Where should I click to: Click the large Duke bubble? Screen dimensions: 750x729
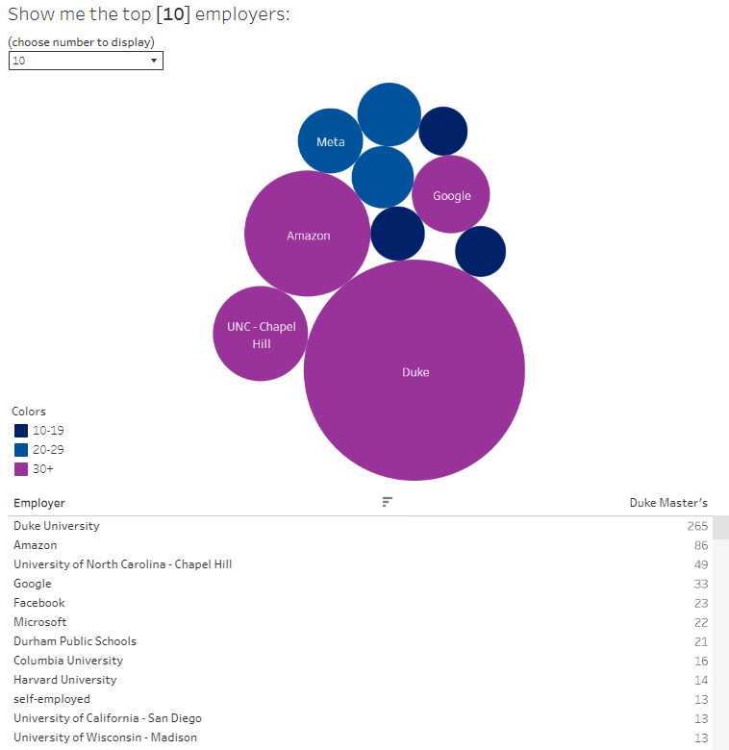[x=415, y=370]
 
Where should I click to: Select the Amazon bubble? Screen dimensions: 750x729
[x=308, y=235]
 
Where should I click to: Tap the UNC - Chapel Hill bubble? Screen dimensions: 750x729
[x=261, y=335]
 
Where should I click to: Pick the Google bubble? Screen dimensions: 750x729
[x=451, y=195]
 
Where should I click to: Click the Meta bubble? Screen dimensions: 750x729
[x=330, y=141]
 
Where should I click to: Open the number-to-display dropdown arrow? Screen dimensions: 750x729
[x=154, y=61]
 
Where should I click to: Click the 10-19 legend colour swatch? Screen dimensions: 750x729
[x=21, y=431]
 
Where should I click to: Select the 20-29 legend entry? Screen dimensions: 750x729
[x=48, y=450]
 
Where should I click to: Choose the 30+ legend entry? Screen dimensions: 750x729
[x=43, y=469]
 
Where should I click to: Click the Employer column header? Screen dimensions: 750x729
[x=39, y=503]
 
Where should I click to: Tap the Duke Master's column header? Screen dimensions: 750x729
[x=668, y=503]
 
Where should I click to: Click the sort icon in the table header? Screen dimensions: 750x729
[x=388, y=502]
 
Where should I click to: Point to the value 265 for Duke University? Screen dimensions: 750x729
[x=697, y=526]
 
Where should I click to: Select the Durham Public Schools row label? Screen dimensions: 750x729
[x=75, y=641]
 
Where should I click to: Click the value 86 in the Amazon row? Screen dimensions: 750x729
[x=700, y=545]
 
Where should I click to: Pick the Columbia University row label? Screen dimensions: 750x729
[x=68, y=661]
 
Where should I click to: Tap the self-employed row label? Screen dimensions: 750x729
[x=52, y=699]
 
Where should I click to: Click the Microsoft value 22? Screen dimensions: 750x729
[x=700, y=622]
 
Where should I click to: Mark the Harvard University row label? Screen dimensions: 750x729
[x=64, y=680]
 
